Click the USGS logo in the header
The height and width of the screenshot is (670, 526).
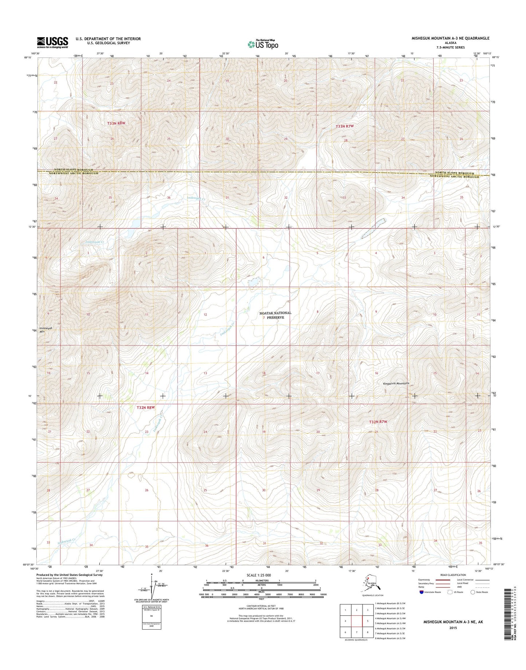52,42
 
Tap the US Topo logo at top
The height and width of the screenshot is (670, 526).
263,44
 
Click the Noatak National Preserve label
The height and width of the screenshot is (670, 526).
275,315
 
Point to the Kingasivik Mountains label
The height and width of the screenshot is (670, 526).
396,383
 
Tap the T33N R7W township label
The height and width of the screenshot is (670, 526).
344,126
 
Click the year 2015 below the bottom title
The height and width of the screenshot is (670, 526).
453,628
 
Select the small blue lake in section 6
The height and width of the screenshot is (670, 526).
254,281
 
